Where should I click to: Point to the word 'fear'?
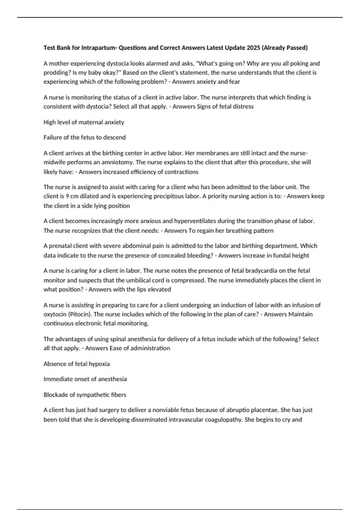tap(234, 82)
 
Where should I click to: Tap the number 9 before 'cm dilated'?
tap(67, 196)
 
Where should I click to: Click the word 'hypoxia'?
tap(99, 364)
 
